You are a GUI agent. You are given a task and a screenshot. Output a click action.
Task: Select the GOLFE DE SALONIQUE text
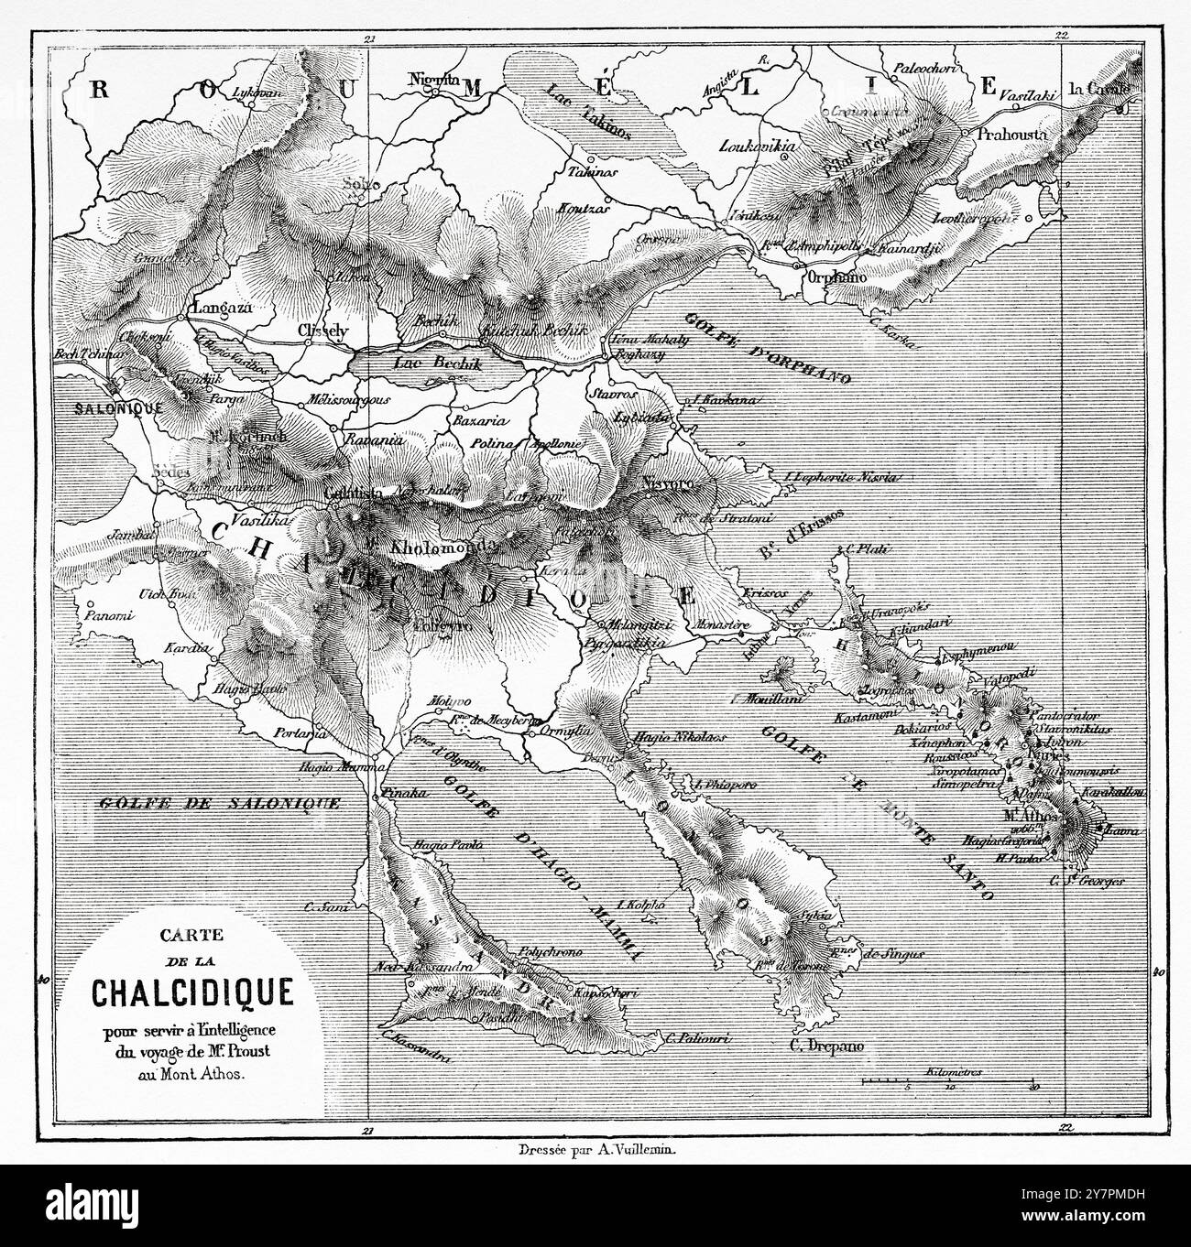[x=217, y=803]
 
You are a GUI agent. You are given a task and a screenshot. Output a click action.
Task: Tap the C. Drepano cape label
[x=828, y=1045]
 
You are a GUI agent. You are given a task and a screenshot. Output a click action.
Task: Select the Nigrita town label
[x=433, y=79]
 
